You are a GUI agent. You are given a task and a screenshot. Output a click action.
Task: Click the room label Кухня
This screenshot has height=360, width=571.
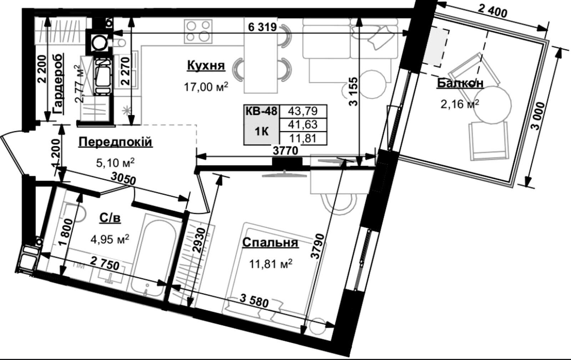point(206,66)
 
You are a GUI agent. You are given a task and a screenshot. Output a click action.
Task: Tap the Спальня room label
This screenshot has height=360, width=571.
point(270,243)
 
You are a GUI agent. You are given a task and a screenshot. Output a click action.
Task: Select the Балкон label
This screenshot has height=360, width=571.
point(460,83)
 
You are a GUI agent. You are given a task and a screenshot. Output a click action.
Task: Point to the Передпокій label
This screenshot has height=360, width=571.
point(116,142)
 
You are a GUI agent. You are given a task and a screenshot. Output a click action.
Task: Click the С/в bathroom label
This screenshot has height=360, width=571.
point(110,218)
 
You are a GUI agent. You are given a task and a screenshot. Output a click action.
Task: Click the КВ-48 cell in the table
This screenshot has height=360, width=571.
point(261,111)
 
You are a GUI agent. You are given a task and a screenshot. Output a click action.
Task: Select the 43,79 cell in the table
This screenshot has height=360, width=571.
point(303,111)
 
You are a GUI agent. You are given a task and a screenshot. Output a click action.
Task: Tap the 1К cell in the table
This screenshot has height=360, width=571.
point(262,132)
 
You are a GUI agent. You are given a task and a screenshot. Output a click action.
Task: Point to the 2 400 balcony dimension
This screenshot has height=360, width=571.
point(492,11)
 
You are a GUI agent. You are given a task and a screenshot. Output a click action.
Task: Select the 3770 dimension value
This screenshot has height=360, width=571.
point(285,151)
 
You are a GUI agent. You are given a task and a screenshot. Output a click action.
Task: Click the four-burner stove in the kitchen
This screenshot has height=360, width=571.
point(198,31)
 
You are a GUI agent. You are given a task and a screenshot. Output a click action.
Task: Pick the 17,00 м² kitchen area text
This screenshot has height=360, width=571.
point(206,87)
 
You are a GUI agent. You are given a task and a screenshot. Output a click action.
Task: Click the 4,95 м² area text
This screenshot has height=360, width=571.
point(110,239)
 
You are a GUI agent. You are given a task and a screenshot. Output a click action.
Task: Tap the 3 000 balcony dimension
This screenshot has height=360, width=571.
point(539,116)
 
